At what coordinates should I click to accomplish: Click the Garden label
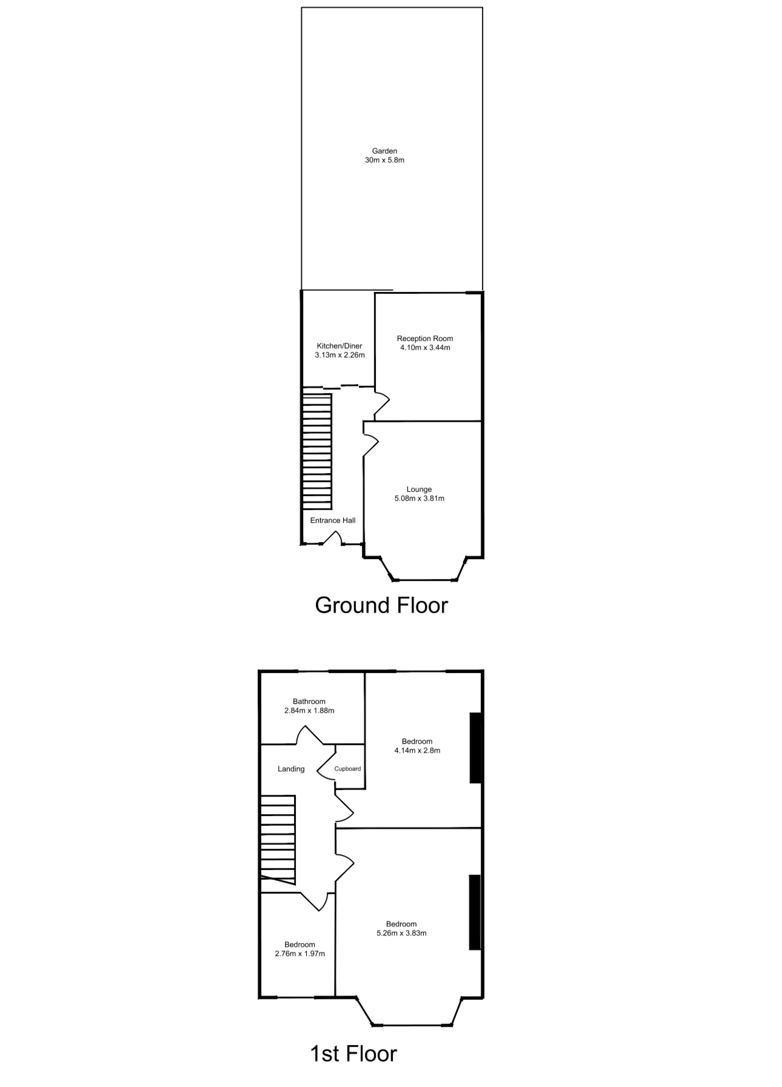coord(384,151)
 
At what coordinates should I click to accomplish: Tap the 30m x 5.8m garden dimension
coord(384,161)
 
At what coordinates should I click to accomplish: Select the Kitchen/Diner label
coord(339,346)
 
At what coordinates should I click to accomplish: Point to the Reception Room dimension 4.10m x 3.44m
coord(425,348)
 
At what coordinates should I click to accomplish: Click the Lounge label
coord(419,490)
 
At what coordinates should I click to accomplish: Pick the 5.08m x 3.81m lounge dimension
coord(419,499)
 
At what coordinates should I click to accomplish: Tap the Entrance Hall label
coord(333,520)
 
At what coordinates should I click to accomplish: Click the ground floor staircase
coord(317,452)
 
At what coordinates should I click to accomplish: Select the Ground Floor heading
coord(381,605)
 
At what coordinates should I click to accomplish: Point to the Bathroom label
coord(309,702)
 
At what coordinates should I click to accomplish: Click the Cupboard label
coord(348,769)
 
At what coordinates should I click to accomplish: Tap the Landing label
coord(291,769)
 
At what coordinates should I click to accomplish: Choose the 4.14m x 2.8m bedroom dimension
coord(417,751)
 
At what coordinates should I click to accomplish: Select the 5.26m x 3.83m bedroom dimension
coord(401,933)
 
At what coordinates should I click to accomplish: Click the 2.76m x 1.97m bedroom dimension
coord(300,954)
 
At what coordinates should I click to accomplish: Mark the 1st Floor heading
coord(353,1054)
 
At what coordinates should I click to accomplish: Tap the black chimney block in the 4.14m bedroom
coord(476,748)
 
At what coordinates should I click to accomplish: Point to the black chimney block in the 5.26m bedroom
coord(475,912)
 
